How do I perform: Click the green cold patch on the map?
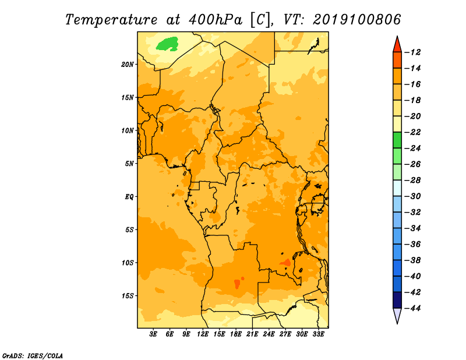click(167, 44)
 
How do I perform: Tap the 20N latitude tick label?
click(128, 65)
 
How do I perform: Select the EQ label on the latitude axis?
click(129, 197)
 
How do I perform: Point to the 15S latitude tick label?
click(128, 296)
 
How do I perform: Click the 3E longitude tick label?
click(153, 334)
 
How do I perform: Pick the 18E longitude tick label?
click(236, 334)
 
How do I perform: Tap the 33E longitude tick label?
click(318, 334)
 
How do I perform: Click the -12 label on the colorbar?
click(412, 52)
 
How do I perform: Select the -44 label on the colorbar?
click(412, 308)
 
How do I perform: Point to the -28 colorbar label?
click(412, 181)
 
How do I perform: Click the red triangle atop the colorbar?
click(397, 45)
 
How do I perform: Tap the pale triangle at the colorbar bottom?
click(397, 316)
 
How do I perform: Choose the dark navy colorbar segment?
click(397, 300)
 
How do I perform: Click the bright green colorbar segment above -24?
click(397, 140)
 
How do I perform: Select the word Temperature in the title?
click(111, 20)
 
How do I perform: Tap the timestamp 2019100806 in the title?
click(356, 19)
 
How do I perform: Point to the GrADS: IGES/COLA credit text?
click(33, 356)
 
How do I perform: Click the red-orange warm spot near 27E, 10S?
click(285, 263)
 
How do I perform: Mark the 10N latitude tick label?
click(128, 130)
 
